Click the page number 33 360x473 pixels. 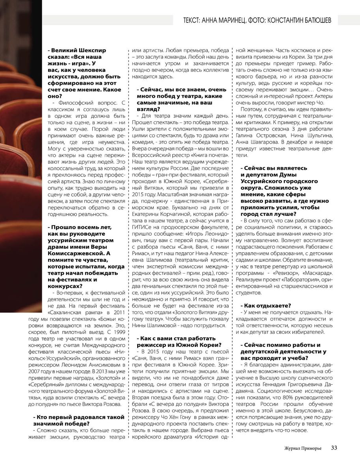[334, 447]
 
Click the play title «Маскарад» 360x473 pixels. [316, 273]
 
